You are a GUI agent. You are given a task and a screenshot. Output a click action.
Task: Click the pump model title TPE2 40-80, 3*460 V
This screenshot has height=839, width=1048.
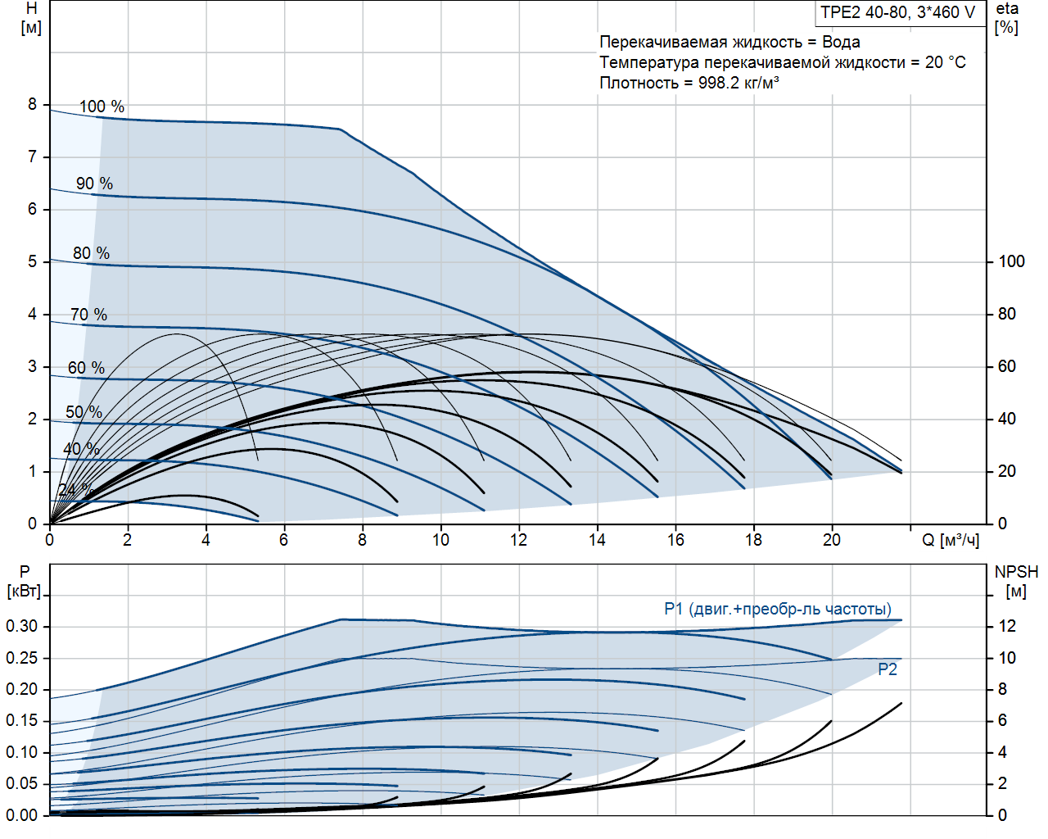pyautogui.click(x=897, y=12)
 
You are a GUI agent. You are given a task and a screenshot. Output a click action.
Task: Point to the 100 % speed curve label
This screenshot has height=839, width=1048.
pyautogui.click(x=102, y=107)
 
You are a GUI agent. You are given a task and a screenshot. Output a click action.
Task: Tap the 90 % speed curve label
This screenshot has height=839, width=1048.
pyautogui.click(x=94, y=184)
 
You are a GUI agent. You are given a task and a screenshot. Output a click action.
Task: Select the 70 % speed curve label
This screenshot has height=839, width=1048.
pyautogui.click(x=88, y=315)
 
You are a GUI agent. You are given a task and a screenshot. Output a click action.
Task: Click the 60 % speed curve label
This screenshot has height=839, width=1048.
pyautogui.click(x=86, y=368)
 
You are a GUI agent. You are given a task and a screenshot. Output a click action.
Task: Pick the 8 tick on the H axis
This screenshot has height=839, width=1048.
pyautogui.click(x=33, y=104)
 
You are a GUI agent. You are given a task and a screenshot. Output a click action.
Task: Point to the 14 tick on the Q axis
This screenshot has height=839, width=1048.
pyautogui.click(x=597, y=539)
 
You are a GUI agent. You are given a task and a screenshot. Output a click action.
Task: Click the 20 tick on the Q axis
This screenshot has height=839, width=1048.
pyautogui.click(x=831, y=539)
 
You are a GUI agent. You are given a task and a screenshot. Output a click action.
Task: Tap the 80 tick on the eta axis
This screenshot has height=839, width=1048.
pyautogui.click(x=1006, y=314)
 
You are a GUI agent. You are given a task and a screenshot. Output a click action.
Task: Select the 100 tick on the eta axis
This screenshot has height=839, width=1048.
pyautogui.click(x=1011, y=261)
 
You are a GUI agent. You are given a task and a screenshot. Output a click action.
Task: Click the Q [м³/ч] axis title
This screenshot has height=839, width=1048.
pyautogui.click(x=951, y=540)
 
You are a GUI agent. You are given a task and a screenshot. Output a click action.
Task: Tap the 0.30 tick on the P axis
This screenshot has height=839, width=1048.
pyautogui.click(x=22, y=626)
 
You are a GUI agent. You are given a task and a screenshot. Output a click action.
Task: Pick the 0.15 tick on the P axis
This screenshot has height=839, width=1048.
pyautogui.click(x=22, y=720)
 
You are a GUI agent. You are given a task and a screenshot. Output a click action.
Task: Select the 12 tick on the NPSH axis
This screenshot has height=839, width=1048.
pyautogui.click(x=1006, y=626)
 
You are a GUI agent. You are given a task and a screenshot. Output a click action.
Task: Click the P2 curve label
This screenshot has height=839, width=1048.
pyautogui.click(x=888, y=669)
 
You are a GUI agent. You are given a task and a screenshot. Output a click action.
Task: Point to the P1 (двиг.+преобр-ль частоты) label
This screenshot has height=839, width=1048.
pyautogui.click(x=777, y=609)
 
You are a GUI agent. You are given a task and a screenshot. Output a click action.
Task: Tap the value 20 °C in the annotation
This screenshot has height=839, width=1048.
pyautogui.click(x=945, y=62)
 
